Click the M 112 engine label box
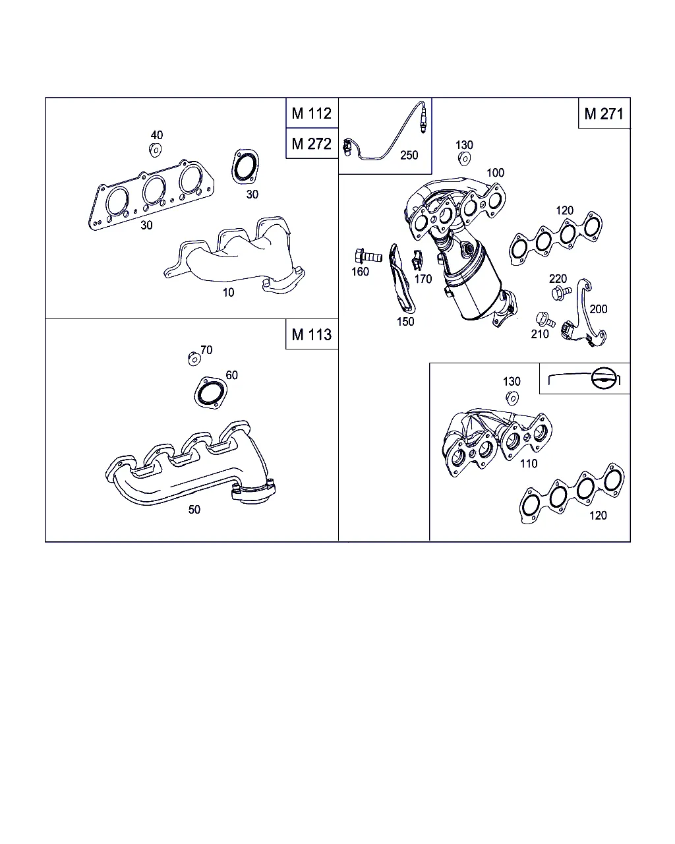click(312, 113)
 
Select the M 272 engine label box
click(312, 143)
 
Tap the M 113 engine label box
click(312, 334)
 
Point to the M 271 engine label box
click(604, 113)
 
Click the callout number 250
click(409, 156)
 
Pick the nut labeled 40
click(156, 150)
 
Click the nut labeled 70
click(194, 359)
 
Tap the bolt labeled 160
click(368, 256)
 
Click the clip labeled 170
click(417, 260)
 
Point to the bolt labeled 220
click(561, 293)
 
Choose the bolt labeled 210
click(545, 319)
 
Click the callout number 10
click(228, 292)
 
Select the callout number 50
click(194, 510)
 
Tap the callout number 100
click(495, 173)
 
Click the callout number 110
click(528, 464)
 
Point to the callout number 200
click(598, 309)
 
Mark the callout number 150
click(405, 322)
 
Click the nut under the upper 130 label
click(464, 159)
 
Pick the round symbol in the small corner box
click(604, 378)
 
